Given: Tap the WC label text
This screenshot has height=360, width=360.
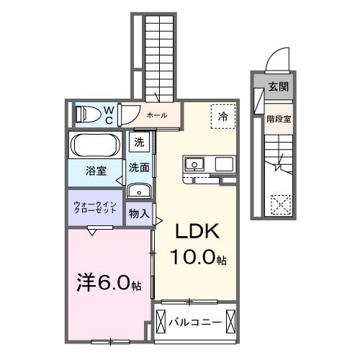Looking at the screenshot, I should (x=109, y=114).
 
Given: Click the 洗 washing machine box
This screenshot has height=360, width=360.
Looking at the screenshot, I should (x=140, y=142).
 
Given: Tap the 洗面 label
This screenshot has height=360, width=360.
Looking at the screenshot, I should (x=139, y=167).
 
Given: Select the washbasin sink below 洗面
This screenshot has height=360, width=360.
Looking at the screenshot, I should (x=139, y=191).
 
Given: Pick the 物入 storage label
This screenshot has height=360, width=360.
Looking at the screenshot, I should (x=139, y=214).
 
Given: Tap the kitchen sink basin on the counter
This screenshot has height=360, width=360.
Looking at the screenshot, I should (x=194, y=165).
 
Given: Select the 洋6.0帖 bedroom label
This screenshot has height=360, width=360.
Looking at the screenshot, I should (x=109, y=283).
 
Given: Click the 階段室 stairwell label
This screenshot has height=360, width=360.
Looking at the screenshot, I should (x=278, y=120).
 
